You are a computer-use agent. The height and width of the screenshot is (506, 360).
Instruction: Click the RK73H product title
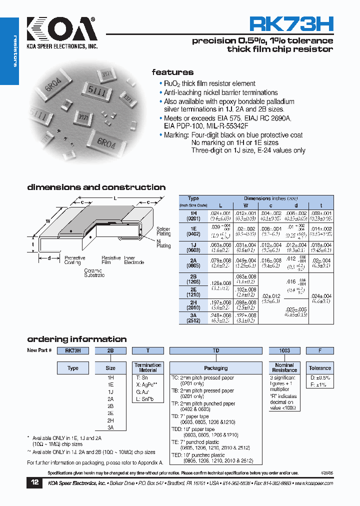(x=291, y=24)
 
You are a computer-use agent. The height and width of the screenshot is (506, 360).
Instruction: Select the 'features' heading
(x=172, y=72)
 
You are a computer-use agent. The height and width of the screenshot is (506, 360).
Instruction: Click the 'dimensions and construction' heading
(x=96, y=187)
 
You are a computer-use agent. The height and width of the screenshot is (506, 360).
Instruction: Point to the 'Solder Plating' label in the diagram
(x=163, y=231)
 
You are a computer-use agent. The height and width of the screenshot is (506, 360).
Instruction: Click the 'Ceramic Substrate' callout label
(x=94, y=272)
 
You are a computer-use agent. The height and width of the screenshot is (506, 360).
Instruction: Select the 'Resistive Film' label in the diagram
(x=111, y=260)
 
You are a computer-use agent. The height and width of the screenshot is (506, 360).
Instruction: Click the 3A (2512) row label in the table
(x=193, y=318)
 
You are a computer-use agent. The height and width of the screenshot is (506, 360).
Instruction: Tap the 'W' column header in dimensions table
(x=245, y=205)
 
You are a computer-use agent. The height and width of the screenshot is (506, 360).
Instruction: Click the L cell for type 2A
(x=220, y=263)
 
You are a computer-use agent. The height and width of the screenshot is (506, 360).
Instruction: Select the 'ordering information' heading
(x=77, y=339)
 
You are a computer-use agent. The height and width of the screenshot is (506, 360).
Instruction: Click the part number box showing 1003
(x=284, y=350)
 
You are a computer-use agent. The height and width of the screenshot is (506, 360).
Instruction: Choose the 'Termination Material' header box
(x=148, y=367)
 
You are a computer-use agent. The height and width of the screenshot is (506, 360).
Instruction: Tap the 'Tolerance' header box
(x=319, y=368)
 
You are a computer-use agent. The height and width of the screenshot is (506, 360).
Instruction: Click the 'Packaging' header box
(x=216, y=368)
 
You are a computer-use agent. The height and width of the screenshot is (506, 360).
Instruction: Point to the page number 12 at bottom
(x=34, y=483)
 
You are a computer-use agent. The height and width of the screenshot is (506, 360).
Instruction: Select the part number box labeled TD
(x=216, y=350)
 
